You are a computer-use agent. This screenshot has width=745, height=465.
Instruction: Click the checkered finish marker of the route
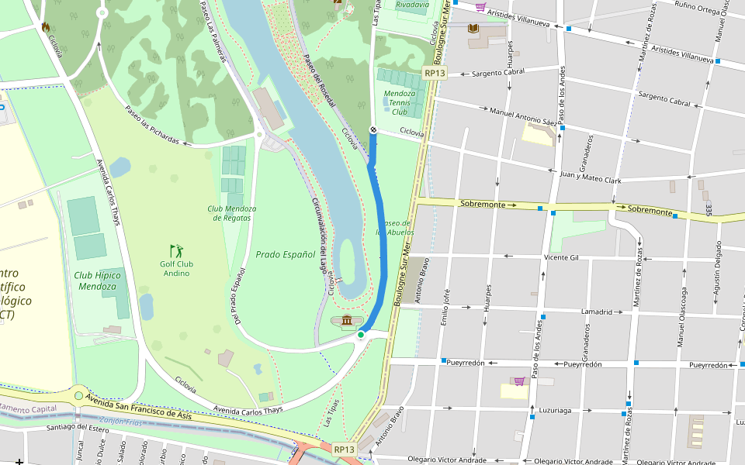coord(372,130)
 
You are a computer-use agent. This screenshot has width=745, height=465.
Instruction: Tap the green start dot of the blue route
coord(361,335)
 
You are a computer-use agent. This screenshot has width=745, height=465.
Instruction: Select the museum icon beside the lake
coord(347,321)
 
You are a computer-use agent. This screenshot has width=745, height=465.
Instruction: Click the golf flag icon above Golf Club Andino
coord(177,250)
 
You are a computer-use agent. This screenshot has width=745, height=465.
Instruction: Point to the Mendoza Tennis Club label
coord(400,102)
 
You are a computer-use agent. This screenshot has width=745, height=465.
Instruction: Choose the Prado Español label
coord(286,254)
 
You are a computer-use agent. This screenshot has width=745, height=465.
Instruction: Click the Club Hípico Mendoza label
coord(95,281)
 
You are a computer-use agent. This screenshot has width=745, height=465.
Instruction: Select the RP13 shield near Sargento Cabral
coord(435,73)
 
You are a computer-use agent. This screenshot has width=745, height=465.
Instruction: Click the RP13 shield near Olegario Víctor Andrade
coord(344,449)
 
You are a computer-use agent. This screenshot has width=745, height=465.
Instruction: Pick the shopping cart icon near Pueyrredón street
coord(518,381)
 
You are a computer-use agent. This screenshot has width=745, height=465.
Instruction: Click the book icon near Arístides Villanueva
coord(473,29)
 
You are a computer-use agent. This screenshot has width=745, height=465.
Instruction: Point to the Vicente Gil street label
coord(562,257)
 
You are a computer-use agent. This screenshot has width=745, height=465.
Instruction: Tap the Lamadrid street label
coord(597,312)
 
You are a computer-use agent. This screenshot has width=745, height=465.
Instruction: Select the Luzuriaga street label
coord(554,411)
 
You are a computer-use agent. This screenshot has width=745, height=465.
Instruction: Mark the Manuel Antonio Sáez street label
coord(524,116)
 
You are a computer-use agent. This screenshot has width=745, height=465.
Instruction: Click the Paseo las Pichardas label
coord(152,126)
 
